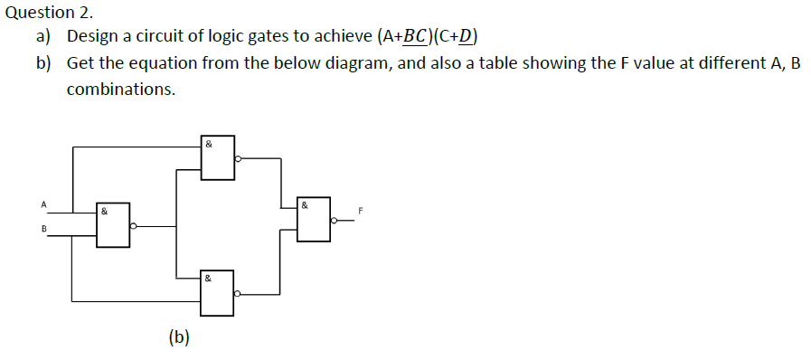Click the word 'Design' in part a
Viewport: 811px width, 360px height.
(x=95, y=38)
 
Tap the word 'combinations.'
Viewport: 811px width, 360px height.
(x=121, y=90)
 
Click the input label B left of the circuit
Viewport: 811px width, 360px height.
(x=42, y=228)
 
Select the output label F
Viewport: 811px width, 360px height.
(x=360, y=211)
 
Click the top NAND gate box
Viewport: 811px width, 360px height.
(x=218, y=157)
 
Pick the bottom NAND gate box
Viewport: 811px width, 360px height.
(x=218, y=292)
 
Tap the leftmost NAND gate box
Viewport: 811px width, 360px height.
(x=114, y=225)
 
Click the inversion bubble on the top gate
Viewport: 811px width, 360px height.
(x=238, y=158)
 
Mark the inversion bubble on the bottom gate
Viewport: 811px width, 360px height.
(x=238, y=294)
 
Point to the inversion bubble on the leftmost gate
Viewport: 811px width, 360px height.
(x=134, y=226)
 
